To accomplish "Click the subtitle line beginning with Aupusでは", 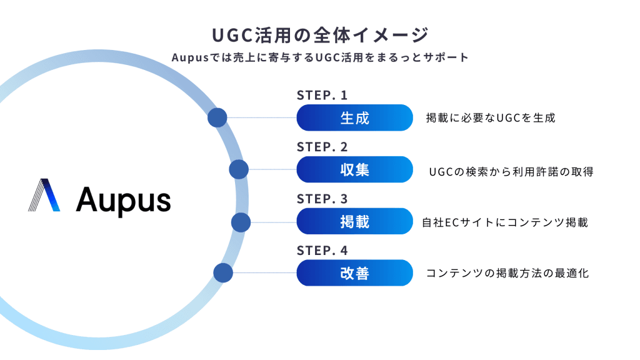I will pyautogui.click(x=319, y=57).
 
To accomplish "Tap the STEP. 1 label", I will pyautogui.click(x=322, y=96).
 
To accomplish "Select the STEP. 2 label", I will pyautogui.click(x=322, y=147).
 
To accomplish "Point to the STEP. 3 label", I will pyautogui.click(x=322, y=199).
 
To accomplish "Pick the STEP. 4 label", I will pyautogui.click(x=322, y=251).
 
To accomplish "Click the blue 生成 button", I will pyautogui.click(x=354, y=117).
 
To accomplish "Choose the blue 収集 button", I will pyautogui.click(x=354, y=169).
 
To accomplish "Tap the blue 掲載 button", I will pyautogui.click(x=354, y=221).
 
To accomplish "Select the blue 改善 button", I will pyautogui.click(x=354, y=273).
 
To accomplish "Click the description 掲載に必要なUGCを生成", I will pyautogui.click(x=491, y=117).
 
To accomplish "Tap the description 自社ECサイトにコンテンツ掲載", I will pyautogui.click(x=505, y=222).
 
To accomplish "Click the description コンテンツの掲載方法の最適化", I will pyautogui.click(x=507, y=273).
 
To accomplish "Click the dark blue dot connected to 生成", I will pyautogui.click(x=217, y=117).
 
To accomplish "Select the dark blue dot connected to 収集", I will pyautogui.click(x=239, y=169).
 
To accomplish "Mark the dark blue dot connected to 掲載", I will pyautogui.click(x=241, y=222).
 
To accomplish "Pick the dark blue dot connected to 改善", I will pyautogui.click(x=223, y=273).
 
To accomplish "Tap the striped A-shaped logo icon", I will pyautogui.click(x=44, y=195).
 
